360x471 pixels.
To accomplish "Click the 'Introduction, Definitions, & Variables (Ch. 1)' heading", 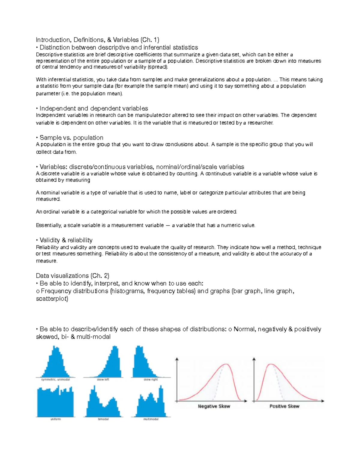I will [x=97, y=40].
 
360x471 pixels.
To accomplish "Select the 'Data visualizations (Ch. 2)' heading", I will [x=72, y=276].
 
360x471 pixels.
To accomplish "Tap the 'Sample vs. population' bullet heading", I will [x=71, y=138].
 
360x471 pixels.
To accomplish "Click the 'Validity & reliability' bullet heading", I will [x=66, y=240].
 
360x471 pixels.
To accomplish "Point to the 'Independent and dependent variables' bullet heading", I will [x=94, y=108].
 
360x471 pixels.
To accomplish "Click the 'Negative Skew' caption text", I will [x=214, y=406].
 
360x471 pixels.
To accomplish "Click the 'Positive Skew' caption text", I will [x=284, y=406].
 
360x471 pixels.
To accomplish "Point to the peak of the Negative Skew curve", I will [x=226, y=364].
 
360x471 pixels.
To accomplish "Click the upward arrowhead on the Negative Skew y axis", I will [x=177, y=359].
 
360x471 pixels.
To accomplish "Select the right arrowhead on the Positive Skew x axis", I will [x=323, y=401].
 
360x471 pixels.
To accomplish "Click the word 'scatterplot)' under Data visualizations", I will [x=52, y=299].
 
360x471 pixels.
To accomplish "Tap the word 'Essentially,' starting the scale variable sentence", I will [x=49, y=225].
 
